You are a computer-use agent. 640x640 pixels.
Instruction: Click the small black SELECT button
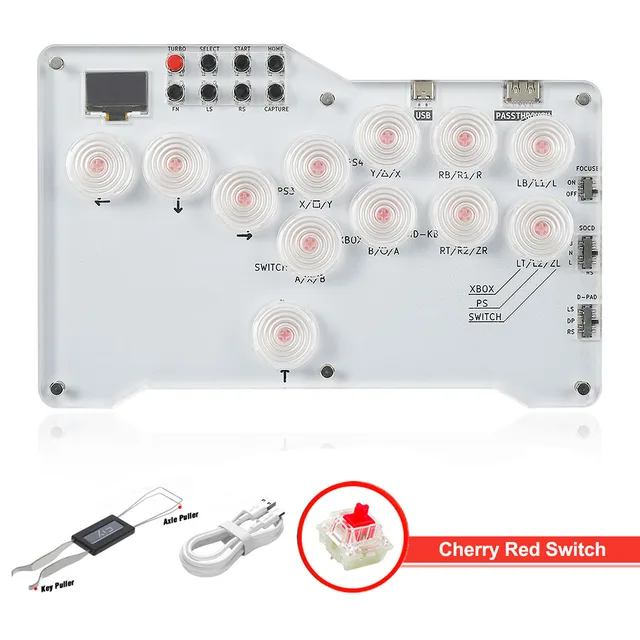point(210,63)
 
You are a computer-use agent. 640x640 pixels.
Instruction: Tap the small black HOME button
point(276,63)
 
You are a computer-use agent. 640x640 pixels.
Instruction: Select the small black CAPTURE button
point(276,92)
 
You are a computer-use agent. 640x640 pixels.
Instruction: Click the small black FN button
point(176,92)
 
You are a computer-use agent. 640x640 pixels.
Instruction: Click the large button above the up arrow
point(284,332)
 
